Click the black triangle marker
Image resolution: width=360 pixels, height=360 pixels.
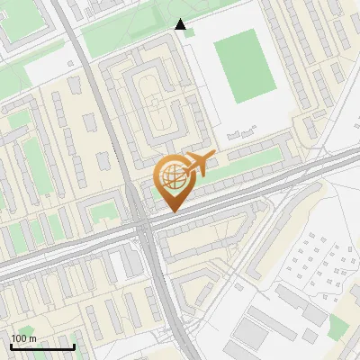[x=181, y=24]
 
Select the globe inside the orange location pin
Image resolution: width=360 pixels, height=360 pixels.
[x=171, y=176]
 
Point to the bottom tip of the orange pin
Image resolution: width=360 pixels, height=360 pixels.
[x=171, y=211]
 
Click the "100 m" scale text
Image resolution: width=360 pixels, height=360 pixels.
[x=24, y=337]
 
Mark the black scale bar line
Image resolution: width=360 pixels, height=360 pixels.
[x=42, y=346]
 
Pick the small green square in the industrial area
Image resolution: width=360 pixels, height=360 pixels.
[x=339, y=326]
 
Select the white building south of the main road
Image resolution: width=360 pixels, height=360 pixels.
[x=118, y=265]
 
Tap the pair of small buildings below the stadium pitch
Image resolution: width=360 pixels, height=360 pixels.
[x=236, y=134]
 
